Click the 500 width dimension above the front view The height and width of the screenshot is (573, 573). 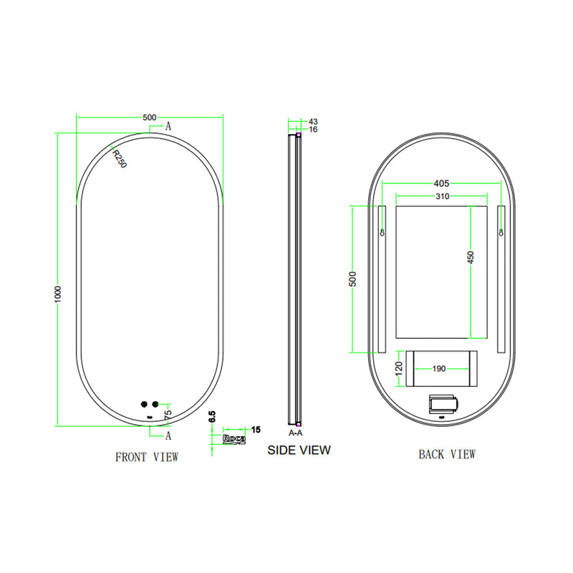coord(150,117)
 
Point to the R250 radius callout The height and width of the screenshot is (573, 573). coord(119,158)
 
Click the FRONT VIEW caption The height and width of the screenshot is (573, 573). coord(147,456)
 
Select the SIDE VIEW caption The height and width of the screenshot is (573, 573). coord(299,450)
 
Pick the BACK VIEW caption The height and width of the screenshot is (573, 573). coord(447,453)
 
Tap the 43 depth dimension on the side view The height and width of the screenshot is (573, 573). coord(313,122)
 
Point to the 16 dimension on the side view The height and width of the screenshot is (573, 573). coord(313,130)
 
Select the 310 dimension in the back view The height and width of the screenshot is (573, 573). coord(440,196)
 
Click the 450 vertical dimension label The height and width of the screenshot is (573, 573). coord(471,258)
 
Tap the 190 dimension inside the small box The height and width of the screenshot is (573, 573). coord(438,369)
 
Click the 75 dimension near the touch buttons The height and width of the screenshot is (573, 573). coord(168,414)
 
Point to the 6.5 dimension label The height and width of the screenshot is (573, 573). coord(213,418)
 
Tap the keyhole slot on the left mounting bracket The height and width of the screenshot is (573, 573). coord(382,232)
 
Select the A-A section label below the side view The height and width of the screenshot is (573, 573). coord(294,433)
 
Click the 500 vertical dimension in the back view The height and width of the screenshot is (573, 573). coord(352,279)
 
